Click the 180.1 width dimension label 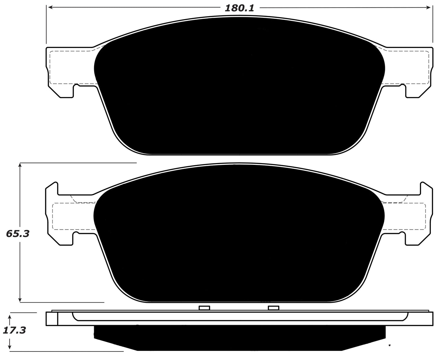coord(239,8)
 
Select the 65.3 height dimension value coord(18,234)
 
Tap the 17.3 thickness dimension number coord(14,330)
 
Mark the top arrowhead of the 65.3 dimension coord(20,165)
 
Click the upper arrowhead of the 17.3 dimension coord(10,315)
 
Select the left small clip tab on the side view coord(204,308)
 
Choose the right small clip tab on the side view coord(273,308)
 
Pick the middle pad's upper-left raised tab coord(52,188)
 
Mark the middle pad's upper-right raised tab coord(427,188)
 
